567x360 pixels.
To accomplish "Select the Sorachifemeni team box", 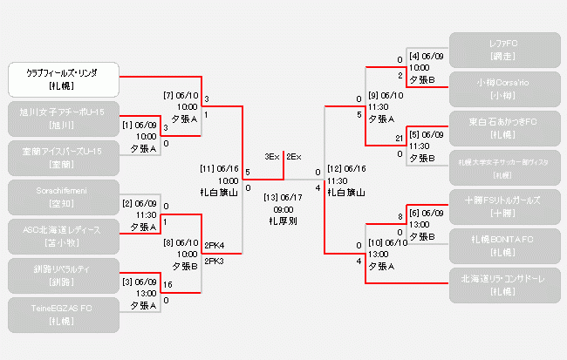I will coord(62,197).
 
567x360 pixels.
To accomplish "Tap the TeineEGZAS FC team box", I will coord(62,315).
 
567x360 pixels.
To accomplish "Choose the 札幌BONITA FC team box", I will coord(505,246).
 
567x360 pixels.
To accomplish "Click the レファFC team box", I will coord(505,50).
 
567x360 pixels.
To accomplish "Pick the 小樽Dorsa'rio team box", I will coord(505,89).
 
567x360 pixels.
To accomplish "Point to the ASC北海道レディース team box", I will coord(62,236).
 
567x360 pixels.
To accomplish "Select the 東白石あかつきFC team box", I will coord(505,128).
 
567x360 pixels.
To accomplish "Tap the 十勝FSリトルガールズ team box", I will coord(505,207).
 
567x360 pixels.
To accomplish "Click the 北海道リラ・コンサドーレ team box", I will coord(505,285).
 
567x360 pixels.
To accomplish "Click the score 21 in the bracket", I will coord(399,138).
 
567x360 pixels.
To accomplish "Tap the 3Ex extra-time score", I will coord(271,157).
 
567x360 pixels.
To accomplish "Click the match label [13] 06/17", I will coord(283,197).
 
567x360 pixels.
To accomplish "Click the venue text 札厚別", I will coord(283,221).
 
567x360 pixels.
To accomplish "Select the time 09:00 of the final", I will coord(283,209).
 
